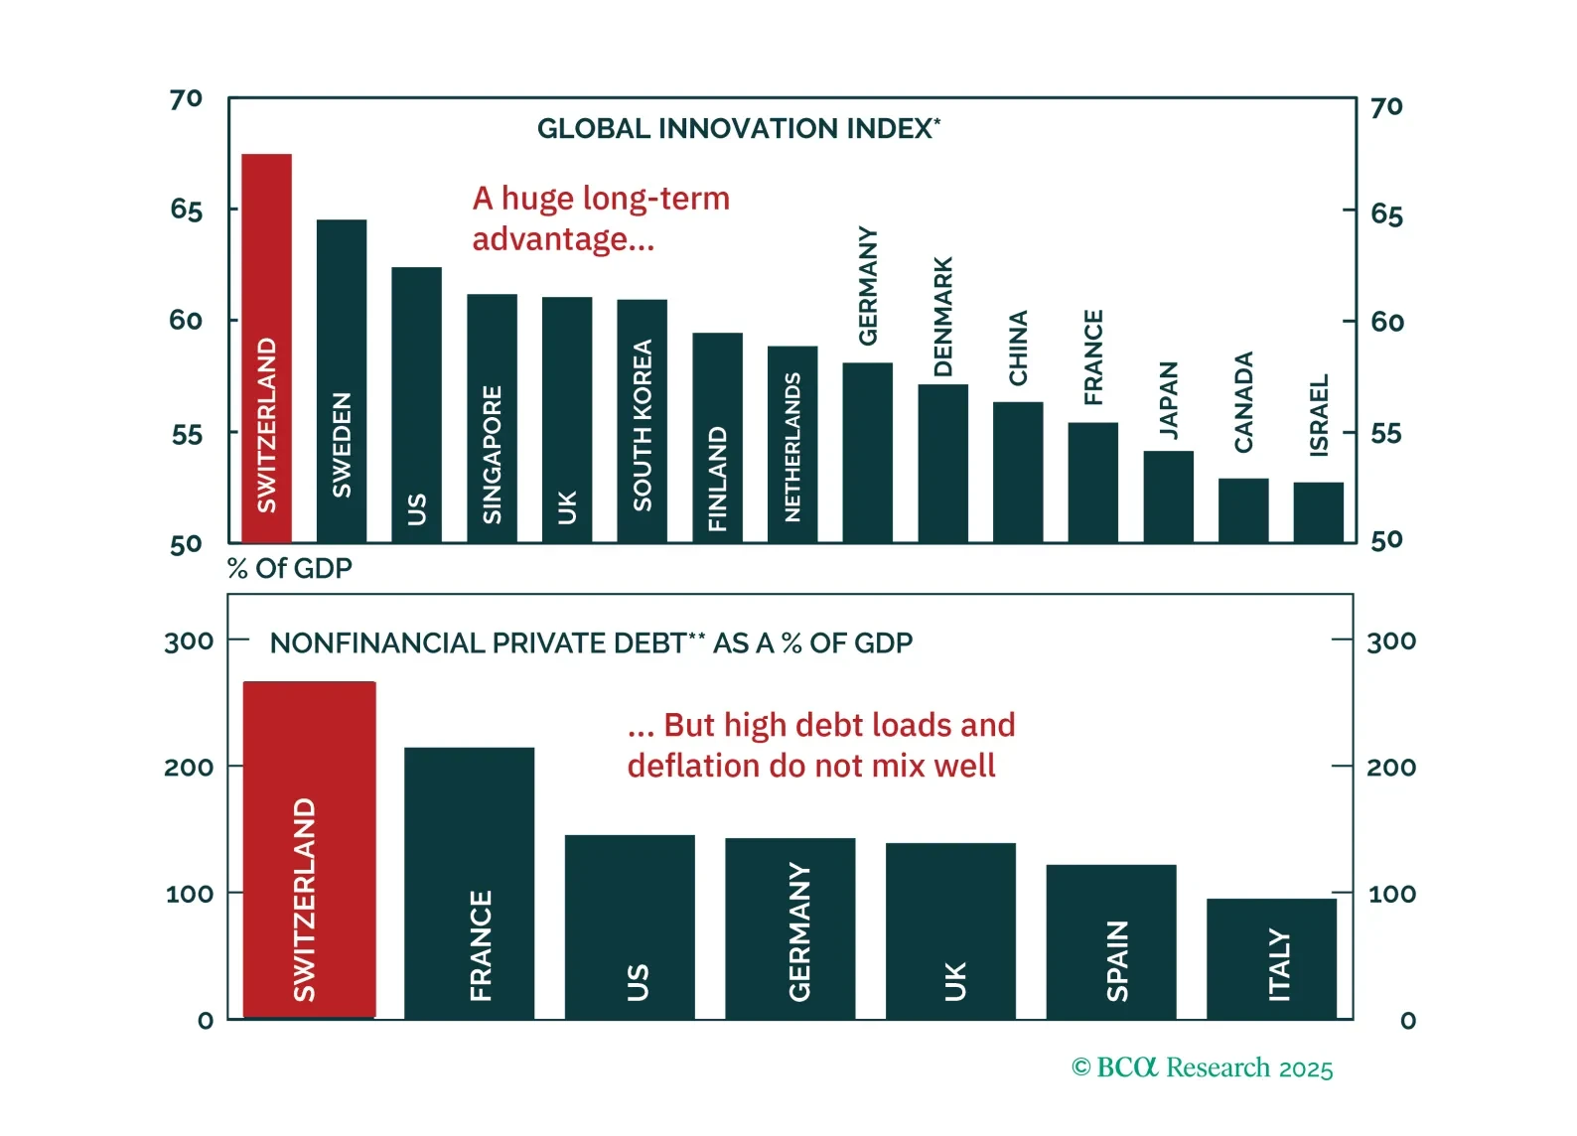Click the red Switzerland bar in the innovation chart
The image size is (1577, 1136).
[266, 348]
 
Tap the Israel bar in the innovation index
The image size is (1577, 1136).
[1318, 511]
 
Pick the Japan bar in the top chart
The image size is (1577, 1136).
[1168, 496]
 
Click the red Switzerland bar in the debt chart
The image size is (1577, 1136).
[309, 849]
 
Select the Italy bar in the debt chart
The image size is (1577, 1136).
[1271, 958]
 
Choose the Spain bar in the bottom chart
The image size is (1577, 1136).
[1110, 941]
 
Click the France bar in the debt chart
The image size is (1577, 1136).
[469, 883]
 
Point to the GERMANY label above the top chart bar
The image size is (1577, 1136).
[868, 286]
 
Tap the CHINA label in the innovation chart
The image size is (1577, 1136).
[1018, 348]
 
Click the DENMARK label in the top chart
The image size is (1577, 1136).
[942, 317]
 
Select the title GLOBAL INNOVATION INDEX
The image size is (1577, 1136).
[738, 129]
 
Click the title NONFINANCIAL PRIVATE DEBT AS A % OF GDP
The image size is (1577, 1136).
[591, 643]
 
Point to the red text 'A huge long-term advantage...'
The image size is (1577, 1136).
[600, 218]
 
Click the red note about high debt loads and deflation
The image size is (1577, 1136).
[820, 745]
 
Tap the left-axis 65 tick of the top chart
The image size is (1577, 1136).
[186, 210]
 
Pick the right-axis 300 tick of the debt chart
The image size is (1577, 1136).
[1390, 641]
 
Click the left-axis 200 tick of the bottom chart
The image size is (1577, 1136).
[189, 767]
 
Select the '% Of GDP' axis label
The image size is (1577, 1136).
[290, 568]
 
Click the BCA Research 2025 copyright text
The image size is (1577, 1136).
[1202, 1067]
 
